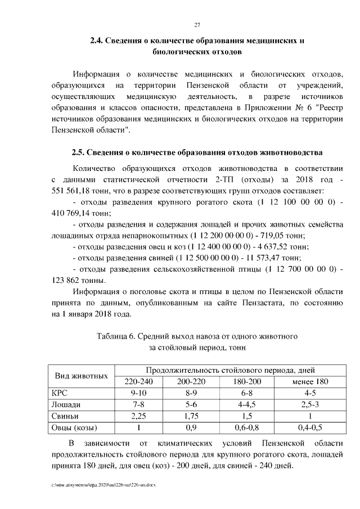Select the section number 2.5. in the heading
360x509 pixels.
(x=80, y=152)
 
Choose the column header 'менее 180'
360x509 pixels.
(x=306, y=381)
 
